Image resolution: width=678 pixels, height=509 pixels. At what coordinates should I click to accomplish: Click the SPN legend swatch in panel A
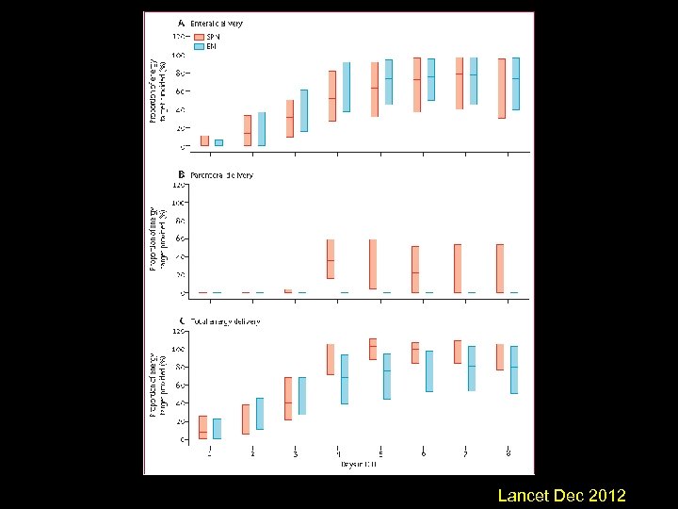coord(199,36)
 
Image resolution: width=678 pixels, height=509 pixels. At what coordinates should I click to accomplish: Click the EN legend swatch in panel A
coord(199,46)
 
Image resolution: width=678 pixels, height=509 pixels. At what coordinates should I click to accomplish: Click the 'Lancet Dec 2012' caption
coord(561,496)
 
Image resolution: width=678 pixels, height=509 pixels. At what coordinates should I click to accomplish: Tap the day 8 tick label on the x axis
coord(508,453)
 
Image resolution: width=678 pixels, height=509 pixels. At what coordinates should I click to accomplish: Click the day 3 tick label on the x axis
coord(296,453)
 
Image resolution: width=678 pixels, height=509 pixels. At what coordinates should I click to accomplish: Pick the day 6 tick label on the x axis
coord(424,453)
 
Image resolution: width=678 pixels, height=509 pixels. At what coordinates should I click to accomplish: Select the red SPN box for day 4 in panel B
coord(331,258)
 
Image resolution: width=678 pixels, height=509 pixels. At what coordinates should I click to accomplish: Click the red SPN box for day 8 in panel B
coord(500,269)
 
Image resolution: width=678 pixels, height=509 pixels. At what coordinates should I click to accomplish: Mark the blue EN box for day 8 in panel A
coord(515,84)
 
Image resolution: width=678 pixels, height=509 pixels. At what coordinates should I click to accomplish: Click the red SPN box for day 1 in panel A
coord(204,140)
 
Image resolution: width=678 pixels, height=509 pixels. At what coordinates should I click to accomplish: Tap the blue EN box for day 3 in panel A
coord(303,110)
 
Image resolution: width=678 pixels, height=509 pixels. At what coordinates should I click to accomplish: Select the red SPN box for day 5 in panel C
coord(373,349)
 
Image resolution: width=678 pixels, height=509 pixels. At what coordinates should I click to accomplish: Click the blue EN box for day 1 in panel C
coord(218,429)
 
